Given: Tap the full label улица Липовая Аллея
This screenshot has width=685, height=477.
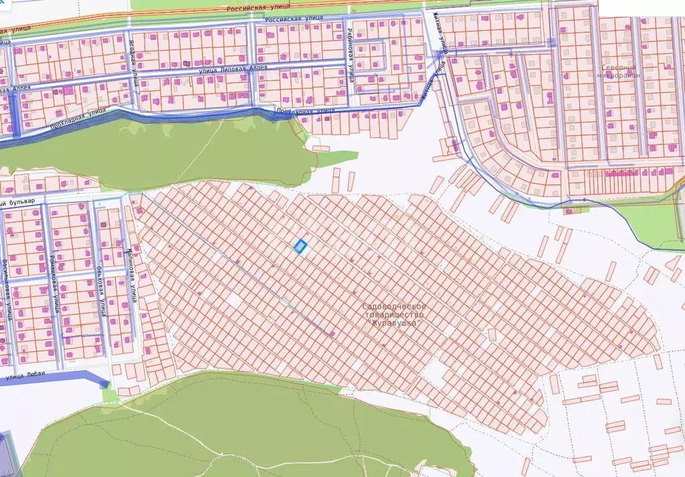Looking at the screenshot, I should [233, 68].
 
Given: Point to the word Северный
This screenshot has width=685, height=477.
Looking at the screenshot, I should [620, 68].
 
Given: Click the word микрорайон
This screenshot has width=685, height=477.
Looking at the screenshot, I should [619, 76].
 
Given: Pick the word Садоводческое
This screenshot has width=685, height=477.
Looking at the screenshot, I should [393, 306].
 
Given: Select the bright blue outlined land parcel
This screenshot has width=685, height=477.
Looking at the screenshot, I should [300, 247].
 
